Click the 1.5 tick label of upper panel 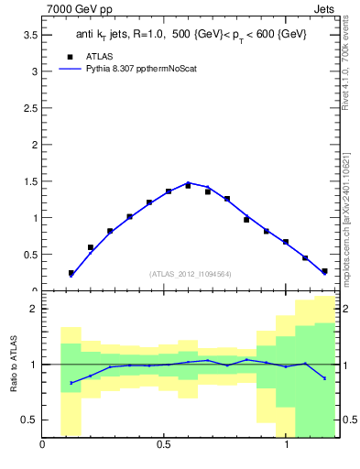click(30, 181)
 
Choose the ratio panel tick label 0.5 click(30, 420)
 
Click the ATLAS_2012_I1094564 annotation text click(191, 273)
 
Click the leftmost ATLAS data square click(71, 273)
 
